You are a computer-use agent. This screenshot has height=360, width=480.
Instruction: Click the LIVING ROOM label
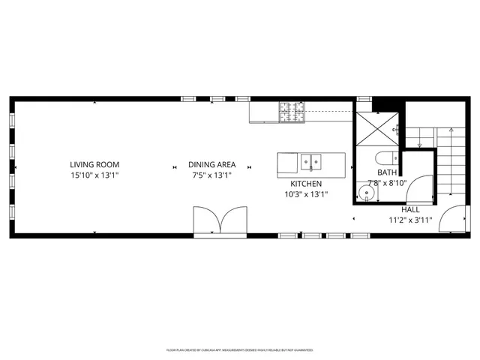click(94, 165)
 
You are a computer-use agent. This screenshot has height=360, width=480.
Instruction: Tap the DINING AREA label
click(212, 165)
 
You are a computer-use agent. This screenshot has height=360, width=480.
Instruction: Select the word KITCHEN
click(306, 184)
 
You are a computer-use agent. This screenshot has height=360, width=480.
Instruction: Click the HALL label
click(410, 211)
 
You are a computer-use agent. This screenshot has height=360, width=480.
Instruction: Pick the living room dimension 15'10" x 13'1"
click(94, 175)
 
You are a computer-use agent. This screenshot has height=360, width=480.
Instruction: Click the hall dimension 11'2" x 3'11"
click(410, 220)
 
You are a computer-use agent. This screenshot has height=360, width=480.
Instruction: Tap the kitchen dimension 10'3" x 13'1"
click(306, 193)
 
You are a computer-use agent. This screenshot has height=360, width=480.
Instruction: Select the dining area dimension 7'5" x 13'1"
click(212, 175)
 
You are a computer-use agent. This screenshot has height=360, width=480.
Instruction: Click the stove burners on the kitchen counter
click(292, 112)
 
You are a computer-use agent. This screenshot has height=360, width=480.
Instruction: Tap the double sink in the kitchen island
click(311, 161)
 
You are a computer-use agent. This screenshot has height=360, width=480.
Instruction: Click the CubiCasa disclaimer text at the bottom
click(239, 349)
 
